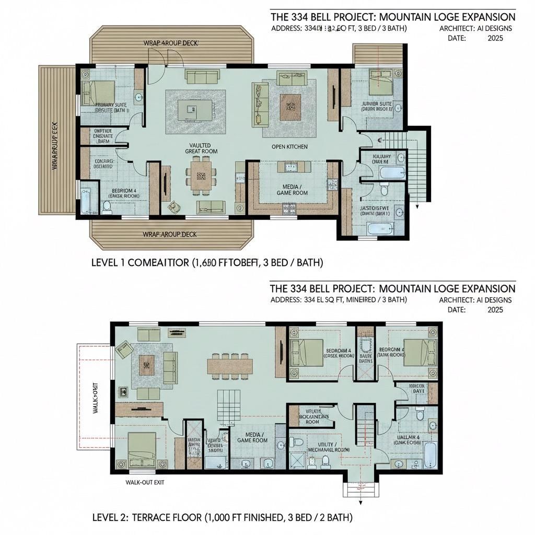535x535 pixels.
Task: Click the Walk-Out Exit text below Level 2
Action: click(145, 482)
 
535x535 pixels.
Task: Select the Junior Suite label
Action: click(376, 107)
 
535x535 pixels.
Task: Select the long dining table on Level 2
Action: click(230, 365)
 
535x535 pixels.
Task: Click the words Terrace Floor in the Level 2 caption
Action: click(167, 518)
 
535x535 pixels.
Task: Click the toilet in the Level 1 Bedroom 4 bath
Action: click(107, 207)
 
